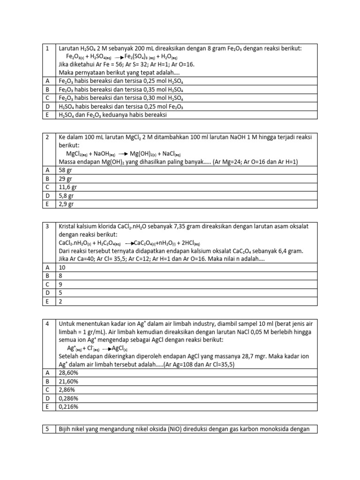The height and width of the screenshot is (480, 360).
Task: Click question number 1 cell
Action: click(x=47, y=48)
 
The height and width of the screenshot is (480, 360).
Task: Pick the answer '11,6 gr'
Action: click(x=68, y=187)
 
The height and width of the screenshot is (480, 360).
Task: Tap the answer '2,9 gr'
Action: click(x=66, y=204)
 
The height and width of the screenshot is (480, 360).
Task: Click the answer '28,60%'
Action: click(x=68, y=373)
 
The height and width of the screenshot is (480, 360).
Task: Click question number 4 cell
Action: click(x=47, y=323)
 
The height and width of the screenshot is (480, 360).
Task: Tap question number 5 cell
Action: click(x=47, y=428)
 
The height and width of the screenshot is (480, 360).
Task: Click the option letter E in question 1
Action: click(x=47, y=114)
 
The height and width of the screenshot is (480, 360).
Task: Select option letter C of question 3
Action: click(x=47, y=284)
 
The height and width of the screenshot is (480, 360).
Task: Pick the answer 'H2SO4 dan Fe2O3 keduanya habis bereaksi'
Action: click(x=113, y=114)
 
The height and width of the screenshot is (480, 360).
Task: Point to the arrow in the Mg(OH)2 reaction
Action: click(x=123, y=154)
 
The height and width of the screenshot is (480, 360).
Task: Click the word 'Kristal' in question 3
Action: click(x=67, y=226)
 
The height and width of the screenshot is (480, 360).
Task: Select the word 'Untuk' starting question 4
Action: click(x=67, y=323)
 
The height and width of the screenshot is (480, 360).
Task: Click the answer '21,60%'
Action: click(x=68, y=382)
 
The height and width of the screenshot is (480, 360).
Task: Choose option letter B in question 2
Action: click(x=47, y=179)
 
